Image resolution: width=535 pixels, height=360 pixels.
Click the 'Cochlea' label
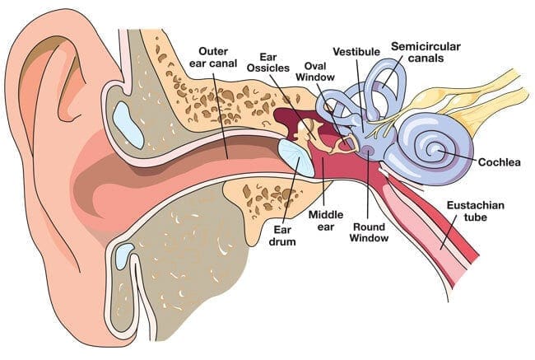tap(499, 162)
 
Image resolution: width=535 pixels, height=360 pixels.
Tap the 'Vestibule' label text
tap(356, 52)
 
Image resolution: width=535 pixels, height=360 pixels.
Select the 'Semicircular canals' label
tap(426, 52)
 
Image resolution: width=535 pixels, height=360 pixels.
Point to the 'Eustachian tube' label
tap(475, 211)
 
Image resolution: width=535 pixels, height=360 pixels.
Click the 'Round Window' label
tap(369, 232)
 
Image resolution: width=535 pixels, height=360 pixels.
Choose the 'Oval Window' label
tap(315, 72)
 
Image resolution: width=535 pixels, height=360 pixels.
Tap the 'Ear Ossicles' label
tap(267, 62)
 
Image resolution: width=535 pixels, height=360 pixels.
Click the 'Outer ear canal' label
tap(213, 58)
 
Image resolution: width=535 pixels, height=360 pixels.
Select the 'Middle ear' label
tap(326, 221)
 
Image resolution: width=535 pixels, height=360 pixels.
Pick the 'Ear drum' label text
tap(282, 236)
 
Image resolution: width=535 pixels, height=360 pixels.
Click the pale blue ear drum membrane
tap(296, 158)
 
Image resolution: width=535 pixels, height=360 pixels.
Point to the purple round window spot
tap(368, 149)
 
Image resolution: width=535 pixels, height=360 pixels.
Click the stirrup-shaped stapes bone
tap(346, 144)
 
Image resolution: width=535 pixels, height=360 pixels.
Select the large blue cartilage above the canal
tap(128, 125)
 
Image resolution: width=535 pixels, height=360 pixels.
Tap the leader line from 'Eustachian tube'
tap(449, 232)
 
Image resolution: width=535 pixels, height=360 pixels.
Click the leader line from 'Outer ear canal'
tap(221, 115)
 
